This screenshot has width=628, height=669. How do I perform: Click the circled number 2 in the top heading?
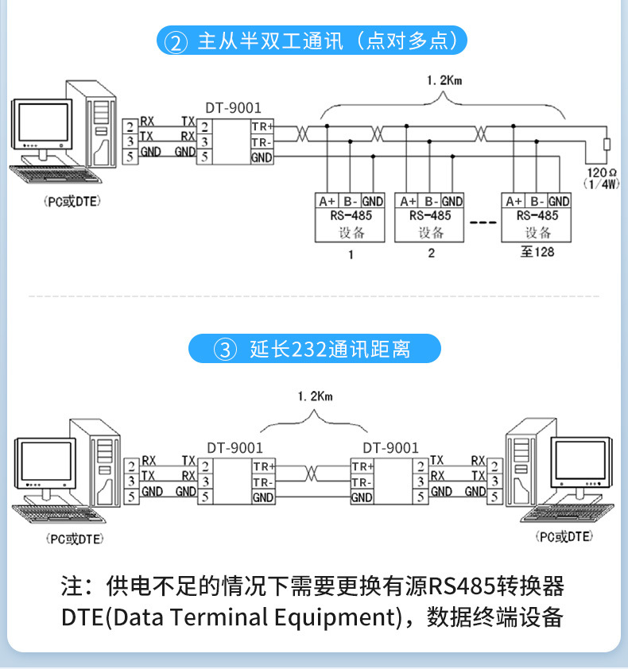click(x=173, y=41)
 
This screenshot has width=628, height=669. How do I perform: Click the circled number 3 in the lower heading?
click(x=227, y=349)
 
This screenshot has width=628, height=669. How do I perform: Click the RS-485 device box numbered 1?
click(x=351, y=217)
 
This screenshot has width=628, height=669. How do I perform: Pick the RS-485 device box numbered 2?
click(x=430, y=217)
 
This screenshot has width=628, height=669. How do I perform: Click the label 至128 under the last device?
click(x=537, y=252)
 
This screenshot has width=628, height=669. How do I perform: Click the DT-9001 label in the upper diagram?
click(x=233, y=108)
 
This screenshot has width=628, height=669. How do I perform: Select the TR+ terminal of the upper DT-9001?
click(x=262, y=126)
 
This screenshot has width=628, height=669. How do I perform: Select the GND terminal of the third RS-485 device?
click(x=559, y=201)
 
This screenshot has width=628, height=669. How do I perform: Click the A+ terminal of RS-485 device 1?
click(x=327, y=201)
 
